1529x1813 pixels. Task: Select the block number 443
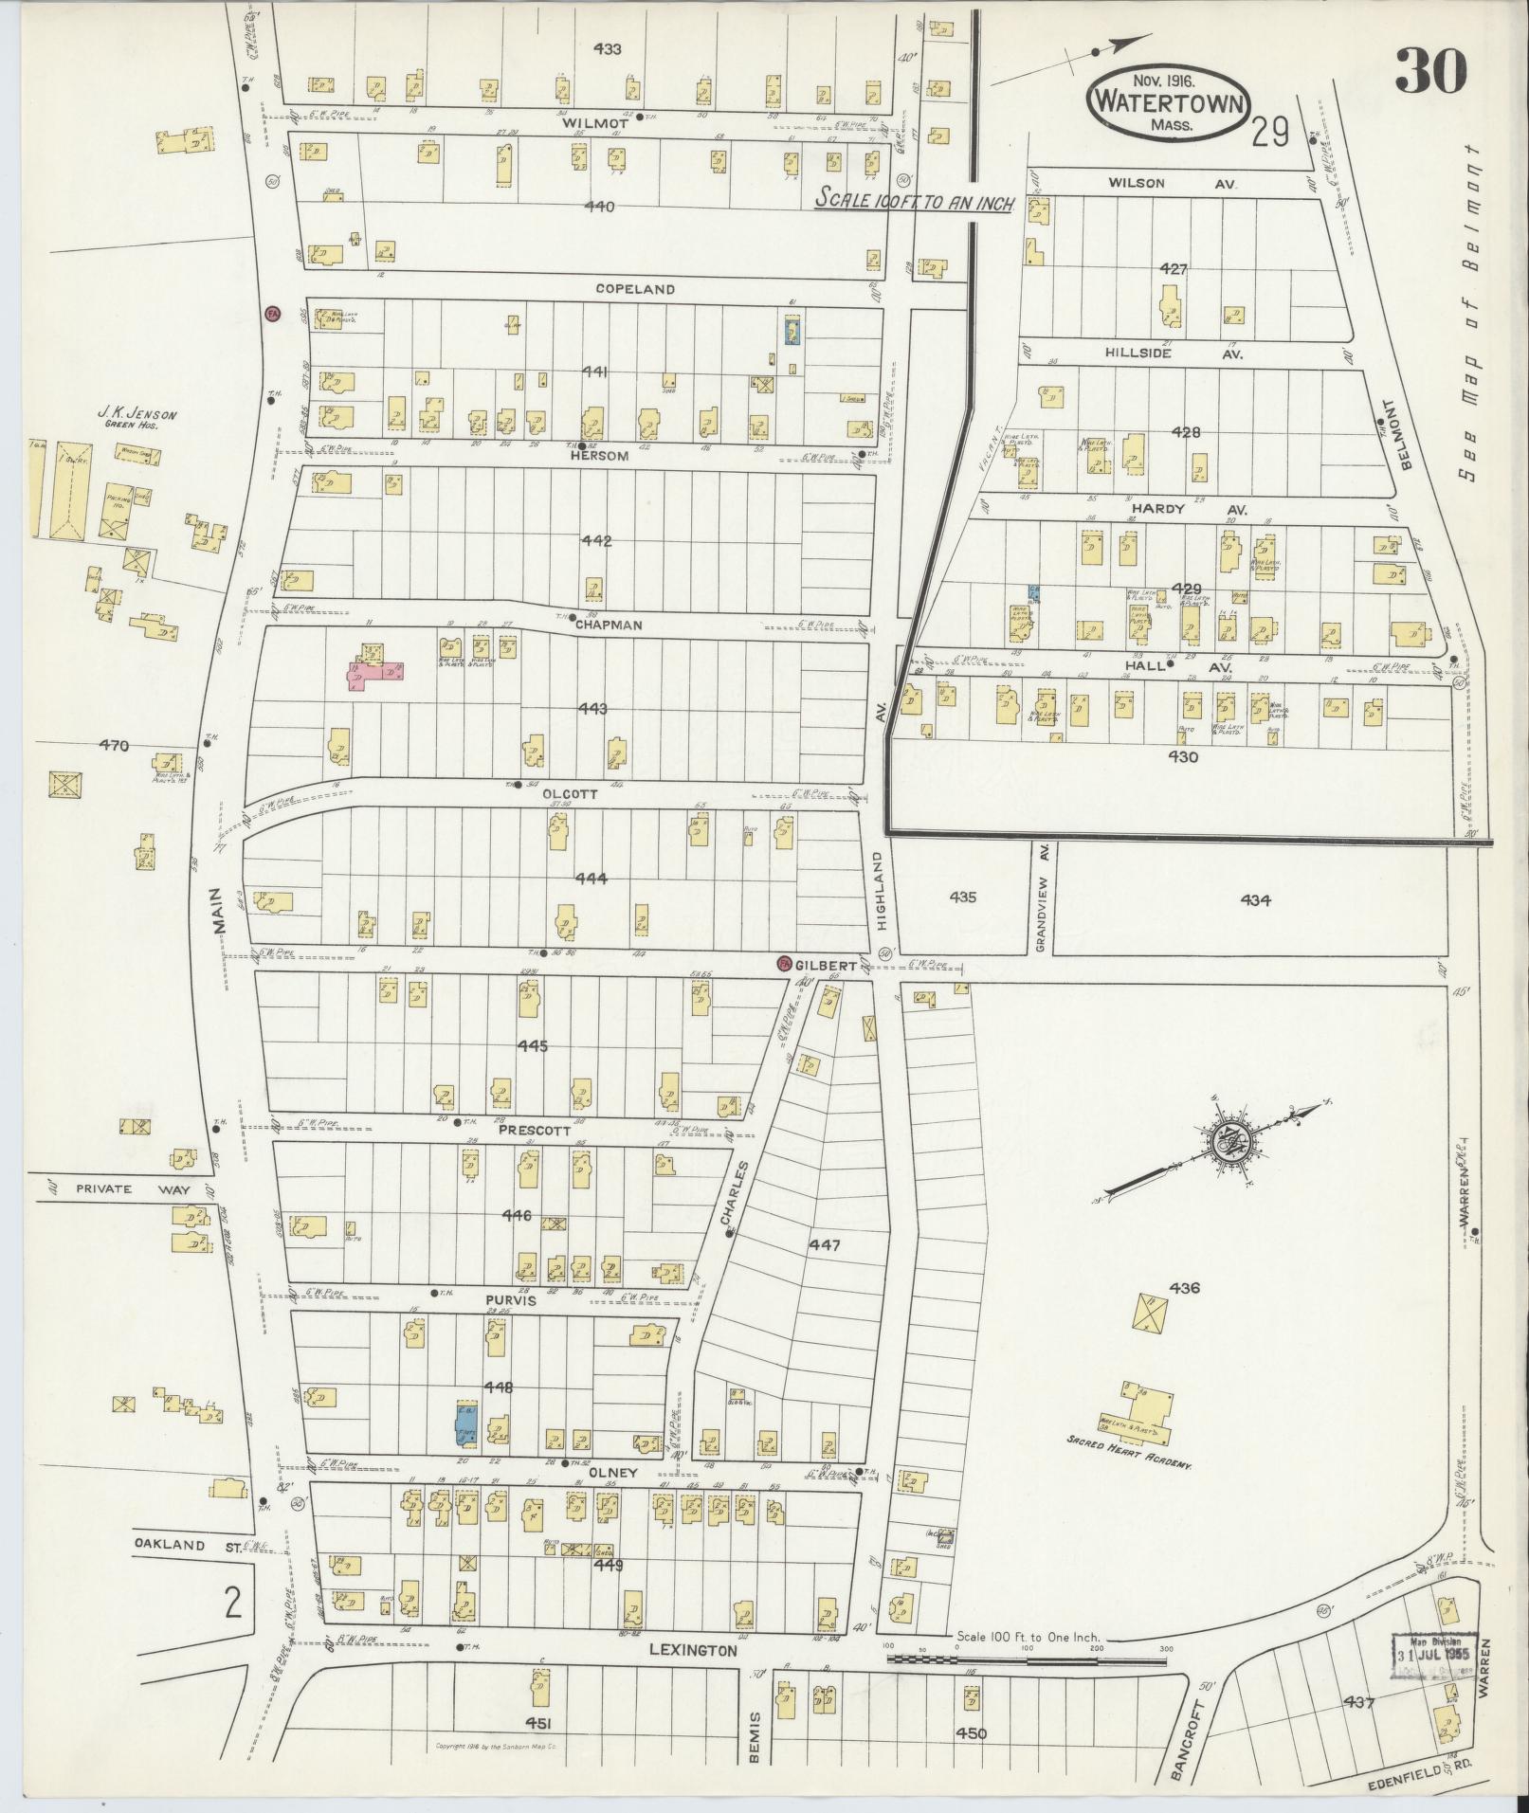(x=593, y=709)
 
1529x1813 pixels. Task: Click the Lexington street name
(x=693, y=1651)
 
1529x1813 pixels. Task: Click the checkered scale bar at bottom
(x=1026, y=1659)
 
